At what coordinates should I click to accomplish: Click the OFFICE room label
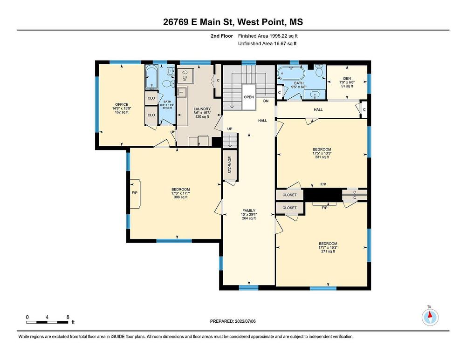[x=122, y=104]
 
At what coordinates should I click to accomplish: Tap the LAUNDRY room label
[x=202, y=109]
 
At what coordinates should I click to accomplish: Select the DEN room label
[x=347, y=78]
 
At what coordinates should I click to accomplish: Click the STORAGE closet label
[x=230, y=165]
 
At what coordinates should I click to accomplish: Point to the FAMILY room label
[x=248, y=211]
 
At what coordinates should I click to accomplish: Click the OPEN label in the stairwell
[x=249, y=97]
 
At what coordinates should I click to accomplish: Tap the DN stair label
[x=266, y=101]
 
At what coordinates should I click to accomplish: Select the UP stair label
[x=230, y=129]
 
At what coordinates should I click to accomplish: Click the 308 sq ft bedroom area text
[x=181, y=197]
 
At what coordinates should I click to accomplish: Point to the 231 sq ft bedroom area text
[x=322, y=157]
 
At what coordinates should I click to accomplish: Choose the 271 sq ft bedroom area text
[x=328, y=251]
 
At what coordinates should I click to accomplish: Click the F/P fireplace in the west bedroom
[x=135, y=193]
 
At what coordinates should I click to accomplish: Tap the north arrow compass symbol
[x=430, y=317]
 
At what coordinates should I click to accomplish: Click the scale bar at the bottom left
[x=48, y=322]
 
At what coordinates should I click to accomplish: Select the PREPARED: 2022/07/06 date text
[x=233, y=321]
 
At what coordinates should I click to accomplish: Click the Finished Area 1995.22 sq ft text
[x=268, y=36]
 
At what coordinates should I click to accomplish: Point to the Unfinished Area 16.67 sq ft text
[x=267, y=44]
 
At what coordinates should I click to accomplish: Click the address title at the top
[x=233, y=22]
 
